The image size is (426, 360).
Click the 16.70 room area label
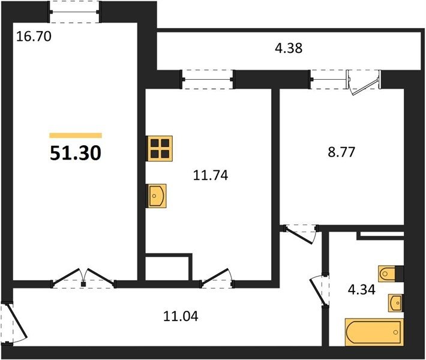[x=34, y=37]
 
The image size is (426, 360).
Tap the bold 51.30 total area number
[x=76, y=153]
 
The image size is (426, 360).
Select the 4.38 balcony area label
[x=289, y=48]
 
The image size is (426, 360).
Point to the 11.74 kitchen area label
[x=211, y=175]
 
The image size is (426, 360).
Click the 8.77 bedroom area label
[x=341, y=152]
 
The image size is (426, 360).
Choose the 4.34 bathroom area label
[x=362, y=289]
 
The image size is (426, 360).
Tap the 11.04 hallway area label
[x=181, y=316]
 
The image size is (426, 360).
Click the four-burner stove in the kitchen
[x=159, y=148]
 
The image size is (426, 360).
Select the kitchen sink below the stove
[x=156, y=196]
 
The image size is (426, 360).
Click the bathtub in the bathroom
[x=374, y=332]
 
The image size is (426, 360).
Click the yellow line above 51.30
[x=76, y=136]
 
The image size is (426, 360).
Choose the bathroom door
[x=320, y=290]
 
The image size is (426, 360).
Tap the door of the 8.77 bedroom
[x=300, y=233]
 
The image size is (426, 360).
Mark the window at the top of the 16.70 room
[x=74, y=11]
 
